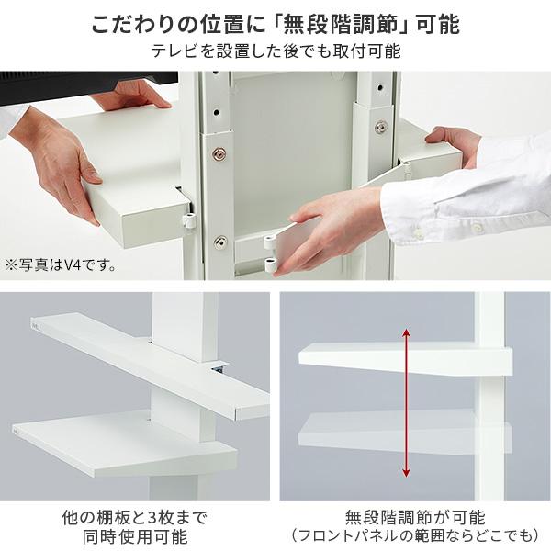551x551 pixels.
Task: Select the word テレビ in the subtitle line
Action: pyautogui.click(x=170, y=51)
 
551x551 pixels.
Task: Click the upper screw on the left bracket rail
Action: pyautogui.click(x=219, y=153)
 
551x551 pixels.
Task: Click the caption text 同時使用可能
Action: pyautogui.click(x=139, y=536)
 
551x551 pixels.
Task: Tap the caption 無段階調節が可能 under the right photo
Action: pyautogui.click(x=414, y=516)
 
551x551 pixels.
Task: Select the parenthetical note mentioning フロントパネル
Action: pyautogui.click(x=414, y=536)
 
